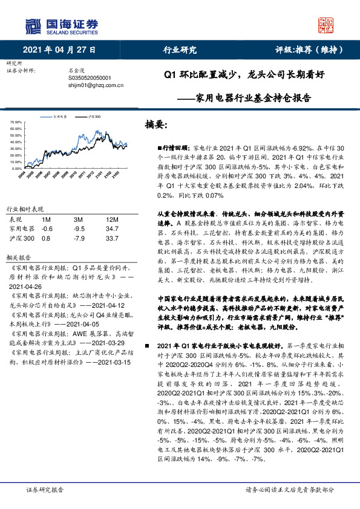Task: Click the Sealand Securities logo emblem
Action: point(33,26)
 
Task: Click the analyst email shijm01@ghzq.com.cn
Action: point(96,85)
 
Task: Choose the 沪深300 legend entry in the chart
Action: point(94,115)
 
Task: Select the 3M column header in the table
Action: point(78,220)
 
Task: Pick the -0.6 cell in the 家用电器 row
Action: point(47,229)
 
